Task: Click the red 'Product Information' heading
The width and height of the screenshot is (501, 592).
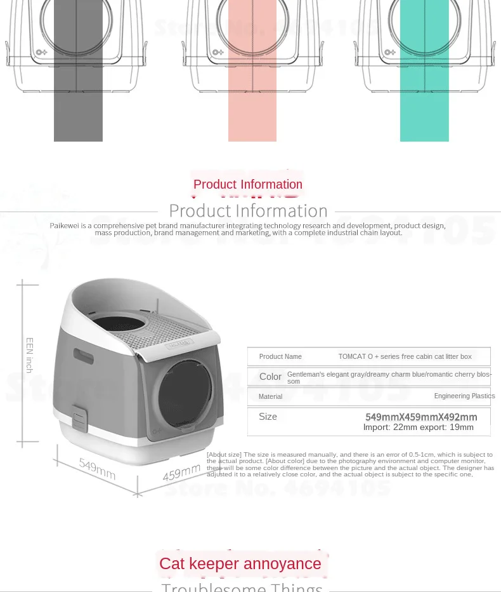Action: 248,185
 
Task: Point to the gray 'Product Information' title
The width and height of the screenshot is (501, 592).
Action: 248,211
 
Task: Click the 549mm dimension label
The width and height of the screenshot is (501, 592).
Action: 97,469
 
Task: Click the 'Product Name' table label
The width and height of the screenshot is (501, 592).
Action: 280,356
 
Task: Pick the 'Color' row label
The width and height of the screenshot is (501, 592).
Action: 270,377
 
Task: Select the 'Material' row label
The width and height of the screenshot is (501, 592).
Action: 270,396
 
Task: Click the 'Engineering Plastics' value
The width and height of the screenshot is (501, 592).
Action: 464,396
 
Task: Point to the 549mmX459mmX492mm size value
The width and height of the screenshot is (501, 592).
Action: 421,417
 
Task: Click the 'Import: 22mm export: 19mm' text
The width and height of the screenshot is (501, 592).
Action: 418,427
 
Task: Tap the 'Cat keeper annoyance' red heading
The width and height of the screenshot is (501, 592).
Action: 240,564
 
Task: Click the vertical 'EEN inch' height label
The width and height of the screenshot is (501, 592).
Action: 29,355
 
